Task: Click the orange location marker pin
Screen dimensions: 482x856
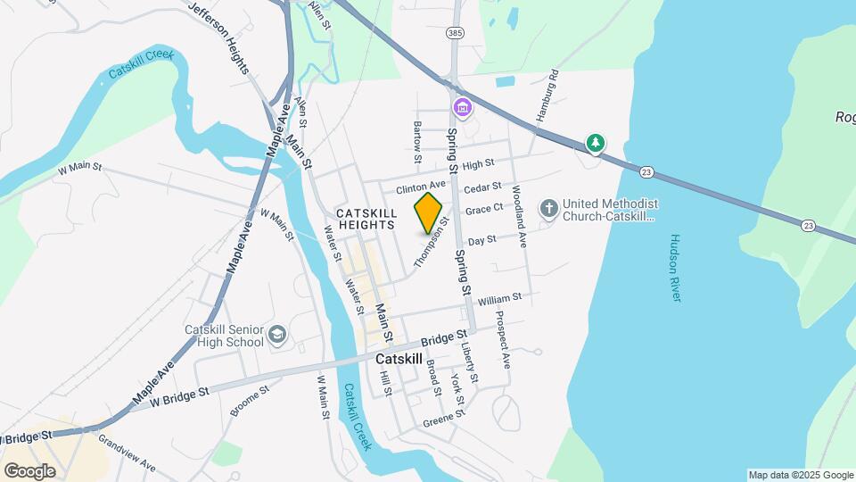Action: tap(429, 212)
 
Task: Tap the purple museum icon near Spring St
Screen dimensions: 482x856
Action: tap(463, 109)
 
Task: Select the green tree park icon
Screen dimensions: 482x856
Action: tap(595, 143)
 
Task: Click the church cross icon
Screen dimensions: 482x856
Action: tap(549, 209)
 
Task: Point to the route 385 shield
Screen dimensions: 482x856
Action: tap(457, 33)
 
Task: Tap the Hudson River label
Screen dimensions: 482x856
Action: tap(675, 268)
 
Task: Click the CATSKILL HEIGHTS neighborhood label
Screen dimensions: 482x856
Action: tap(366, 219)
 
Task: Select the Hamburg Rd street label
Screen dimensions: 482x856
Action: tap(546, 95)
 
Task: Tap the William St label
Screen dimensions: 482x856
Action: tap(498, 300)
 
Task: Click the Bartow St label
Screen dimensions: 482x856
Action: tap(416, 142)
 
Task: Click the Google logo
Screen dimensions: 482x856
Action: tap(29, 470)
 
